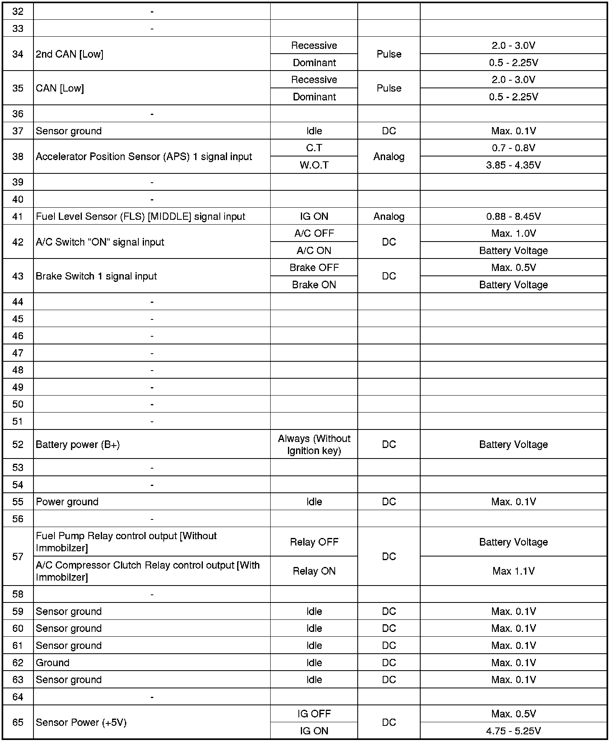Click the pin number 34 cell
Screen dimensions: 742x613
pos(18,54)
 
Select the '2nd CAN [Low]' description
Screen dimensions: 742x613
pos(69,54)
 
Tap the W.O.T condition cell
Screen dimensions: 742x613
pos(314,165)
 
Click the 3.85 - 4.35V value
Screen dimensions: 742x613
pos(513,165)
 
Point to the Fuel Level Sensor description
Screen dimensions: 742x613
pos(140,217)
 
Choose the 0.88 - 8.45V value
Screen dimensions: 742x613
pos(513,217)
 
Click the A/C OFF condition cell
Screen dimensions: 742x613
pos(314,233)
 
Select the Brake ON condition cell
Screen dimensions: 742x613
pos(314,285)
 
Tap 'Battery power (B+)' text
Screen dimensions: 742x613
pos(78,444)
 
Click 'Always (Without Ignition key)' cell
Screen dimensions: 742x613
pos(314,444)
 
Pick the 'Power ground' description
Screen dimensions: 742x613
pos(67,502)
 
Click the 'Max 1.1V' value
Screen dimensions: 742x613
pos(513,571)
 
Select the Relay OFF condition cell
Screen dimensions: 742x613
pos(314,542)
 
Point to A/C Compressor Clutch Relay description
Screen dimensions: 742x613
pos(148,571)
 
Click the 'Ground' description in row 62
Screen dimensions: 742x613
pos(52,663)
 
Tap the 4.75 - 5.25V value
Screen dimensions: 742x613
pos(513,731)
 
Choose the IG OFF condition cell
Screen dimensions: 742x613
pos(314,714)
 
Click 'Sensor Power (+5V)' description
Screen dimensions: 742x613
pos(81,722)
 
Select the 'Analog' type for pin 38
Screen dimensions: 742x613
pos(389,156)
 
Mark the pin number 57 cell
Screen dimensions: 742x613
pos(18,556)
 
